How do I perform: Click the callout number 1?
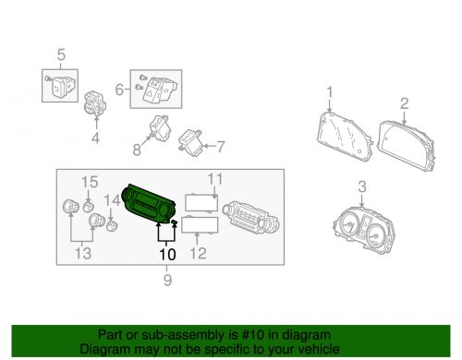pos(329,92)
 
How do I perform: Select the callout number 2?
pos(404,107)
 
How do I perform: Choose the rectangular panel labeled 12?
pos(201,224)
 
